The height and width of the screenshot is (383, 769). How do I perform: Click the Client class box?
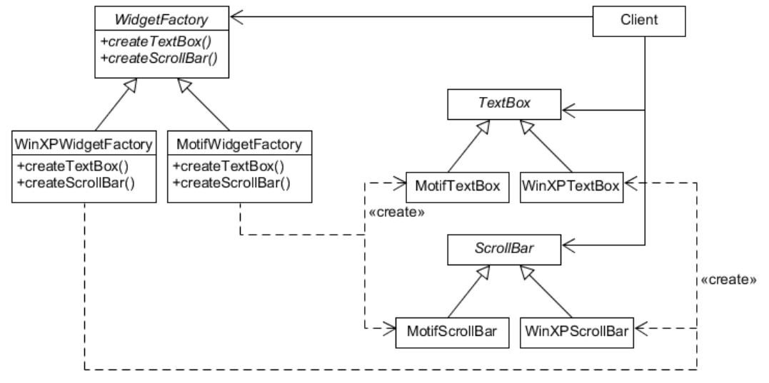point(639,21)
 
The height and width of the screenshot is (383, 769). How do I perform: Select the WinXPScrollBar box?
point(577,332)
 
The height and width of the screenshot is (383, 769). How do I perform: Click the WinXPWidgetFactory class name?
point(84,145)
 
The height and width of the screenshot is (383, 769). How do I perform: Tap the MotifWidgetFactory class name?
point(239,145)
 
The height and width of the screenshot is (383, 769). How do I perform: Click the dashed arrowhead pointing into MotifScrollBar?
point(390,330)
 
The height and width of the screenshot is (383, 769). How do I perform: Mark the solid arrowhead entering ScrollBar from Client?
point(570,245)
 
